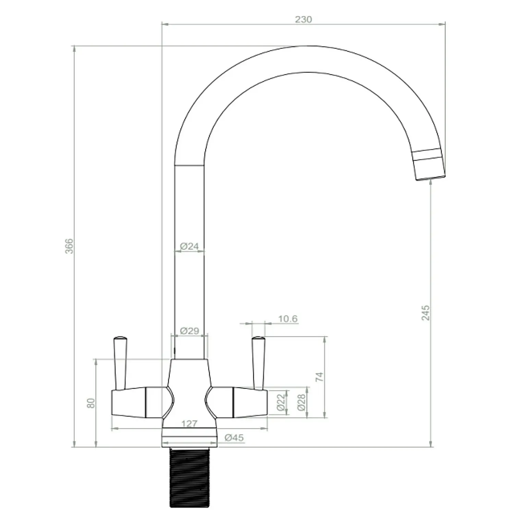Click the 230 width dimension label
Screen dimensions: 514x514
click(303, 19)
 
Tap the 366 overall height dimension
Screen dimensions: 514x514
click(69, 246)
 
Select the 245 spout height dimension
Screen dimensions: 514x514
click(425, 313)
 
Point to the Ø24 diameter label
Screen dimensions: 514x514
click(189, 246)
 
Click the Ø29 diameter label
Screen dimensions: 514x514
click(189, 331)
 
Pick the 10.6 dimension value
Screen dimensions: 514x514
click(287, 319)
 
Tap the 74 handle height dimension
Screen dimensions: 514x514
click(319, 377)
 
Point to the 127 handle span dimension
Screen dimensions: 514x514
click(189, 424)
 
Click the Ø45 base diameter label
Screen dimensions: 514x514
click(234, 438)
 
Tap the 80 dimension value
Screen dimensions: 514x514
click(91, 403)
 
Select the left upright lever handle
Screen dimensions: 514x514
click(120, 363)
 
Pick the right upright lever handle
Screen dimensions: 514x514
click(258, 363)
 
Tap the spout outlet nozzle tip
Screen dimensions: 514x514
click(430, 170)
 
